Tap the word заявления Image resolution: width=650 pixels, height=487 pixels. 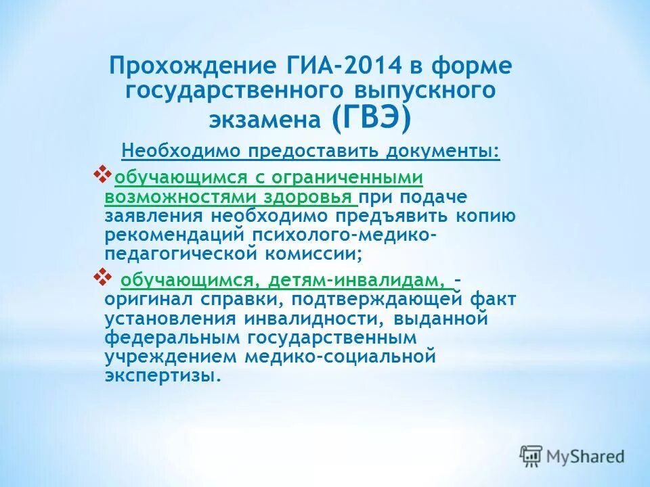154,216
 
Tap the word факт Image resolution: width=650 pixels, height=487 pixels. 491,299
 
